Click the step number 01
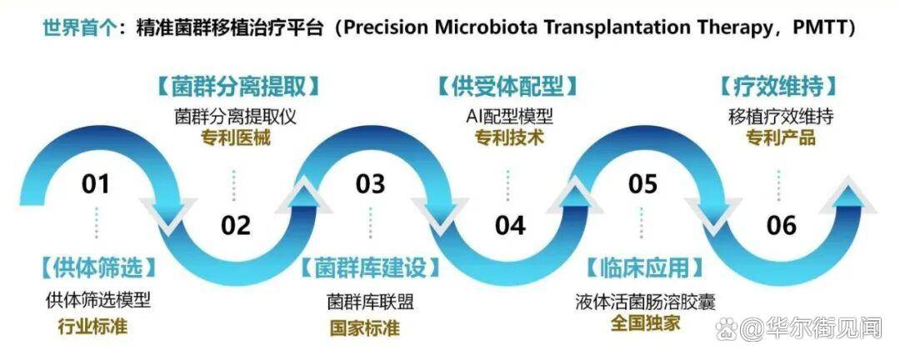95,184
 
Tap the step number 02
236,226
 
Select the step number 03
370,184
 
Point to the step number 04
510,226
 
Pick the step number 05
642,184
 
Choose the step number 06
782,226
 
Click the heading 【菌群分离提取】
236,87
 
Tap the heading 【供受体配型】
509,87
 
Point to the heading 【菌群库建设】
370,267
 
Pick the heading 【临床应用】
645,267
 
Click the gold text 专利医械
236,138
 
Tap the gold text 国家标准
365,327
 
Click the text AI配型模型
509,117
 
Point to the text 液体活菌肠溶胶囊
645,302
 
